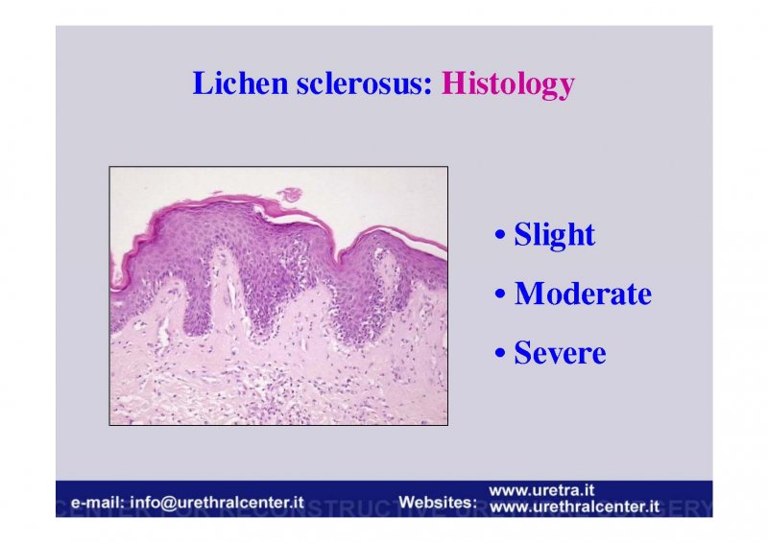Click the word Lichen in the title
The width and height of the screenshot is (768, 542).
point(240,82)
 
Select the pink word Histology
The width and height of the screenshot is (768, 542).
point(508,84)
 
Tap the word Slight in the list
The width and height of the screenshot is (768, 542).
point(555,235)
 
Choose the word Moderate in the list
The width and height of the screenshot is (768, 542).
point(583,294)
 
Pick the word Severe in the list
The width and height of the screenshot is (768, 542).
point(560,352)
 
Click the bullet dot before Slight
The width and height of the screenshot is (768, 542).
point(499,234)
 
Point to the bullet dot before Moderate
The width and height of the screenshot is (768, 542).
point(499,295)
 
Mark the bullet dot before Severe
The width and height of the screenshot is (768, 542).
point(499,353)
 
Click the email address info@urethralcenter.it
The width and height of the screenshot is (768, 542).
point(217,503)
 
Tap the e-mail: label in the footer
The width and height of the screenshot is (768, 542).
point(98,503)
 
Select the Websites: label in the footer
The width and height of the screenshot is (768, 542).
point(438,503)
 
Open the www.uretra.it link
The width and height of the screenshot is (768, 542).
point(541,490)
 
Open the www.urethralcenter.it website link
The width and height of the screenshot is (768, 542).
point(574,507)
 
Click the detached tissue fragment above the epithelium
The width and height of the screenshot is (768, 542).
point(291,195)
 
